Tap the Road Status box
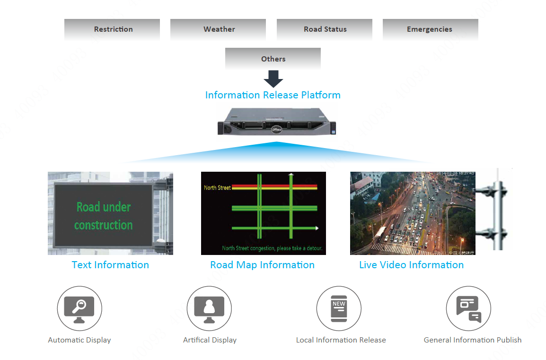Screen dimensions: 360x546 325,29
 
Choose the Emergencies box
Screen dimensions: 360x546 430,29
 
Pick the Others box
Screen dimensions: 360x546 273,59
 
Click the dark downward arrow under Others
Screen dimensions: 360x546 273,79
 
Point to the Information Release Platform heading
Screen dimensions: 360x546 273,95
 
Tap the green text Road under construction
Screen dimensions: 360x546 104,216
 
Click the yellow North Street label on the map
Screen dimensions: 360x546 217,188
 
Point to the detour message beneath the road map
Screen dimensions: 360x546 272,248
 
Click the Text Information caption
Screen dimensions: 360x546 110,265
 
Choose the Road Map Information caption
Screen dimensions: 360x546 262,265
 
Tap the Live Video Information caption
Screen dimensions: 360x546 411,265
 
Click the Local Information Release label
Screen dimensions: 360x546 341,340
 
